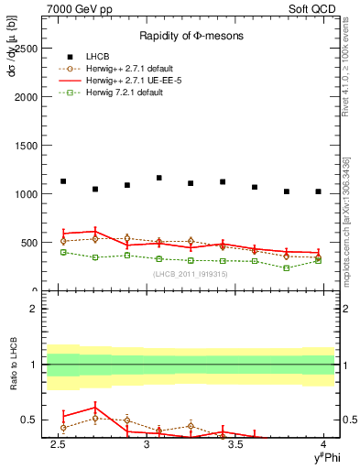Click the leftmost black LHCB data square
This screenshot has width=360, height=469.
click(x=63, y=181)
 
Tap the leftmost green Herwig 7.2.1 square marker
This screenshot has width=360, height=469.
click(x=63, y=252)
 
